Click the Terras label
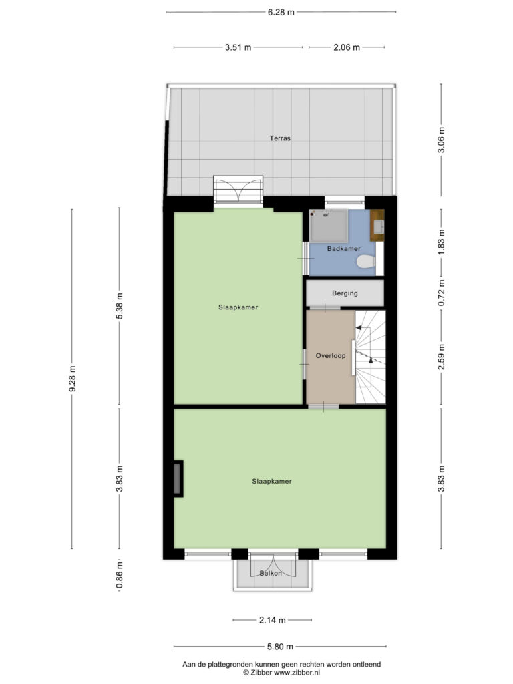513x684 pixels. pos(280,138)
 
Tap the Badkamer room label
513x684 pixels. pos(344,248)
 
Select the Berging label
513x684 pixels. pos(345,293)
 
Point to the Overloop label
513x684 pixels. pos(331,355)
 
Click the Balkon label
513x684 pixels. pos(271,573)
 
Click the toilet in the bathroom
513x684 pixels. pos(366,262)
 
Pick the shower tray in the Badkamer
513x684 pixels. pos(329,226)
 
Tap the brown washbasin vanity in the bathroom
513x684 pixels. pos(377,225)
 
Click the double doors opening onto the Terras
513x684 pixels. pos(238,189)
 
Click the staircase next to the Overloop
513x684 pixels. pos(370,357)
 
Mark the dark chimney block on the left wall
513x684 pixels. pos(178,478)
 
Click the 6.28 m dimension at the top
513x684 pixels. pos(281,12)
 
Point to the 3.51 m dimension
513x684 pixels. pos(238,47)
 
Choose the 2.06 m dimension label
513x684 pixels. pos(347,47)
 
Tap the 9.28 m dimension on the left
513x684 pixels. pos(72,379)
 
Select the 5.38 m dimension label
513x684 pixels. pos(119,305)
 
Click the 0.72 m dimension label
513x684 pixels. pos(441,293)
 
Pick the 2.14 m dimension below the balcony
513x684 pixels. pos(273,620)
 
